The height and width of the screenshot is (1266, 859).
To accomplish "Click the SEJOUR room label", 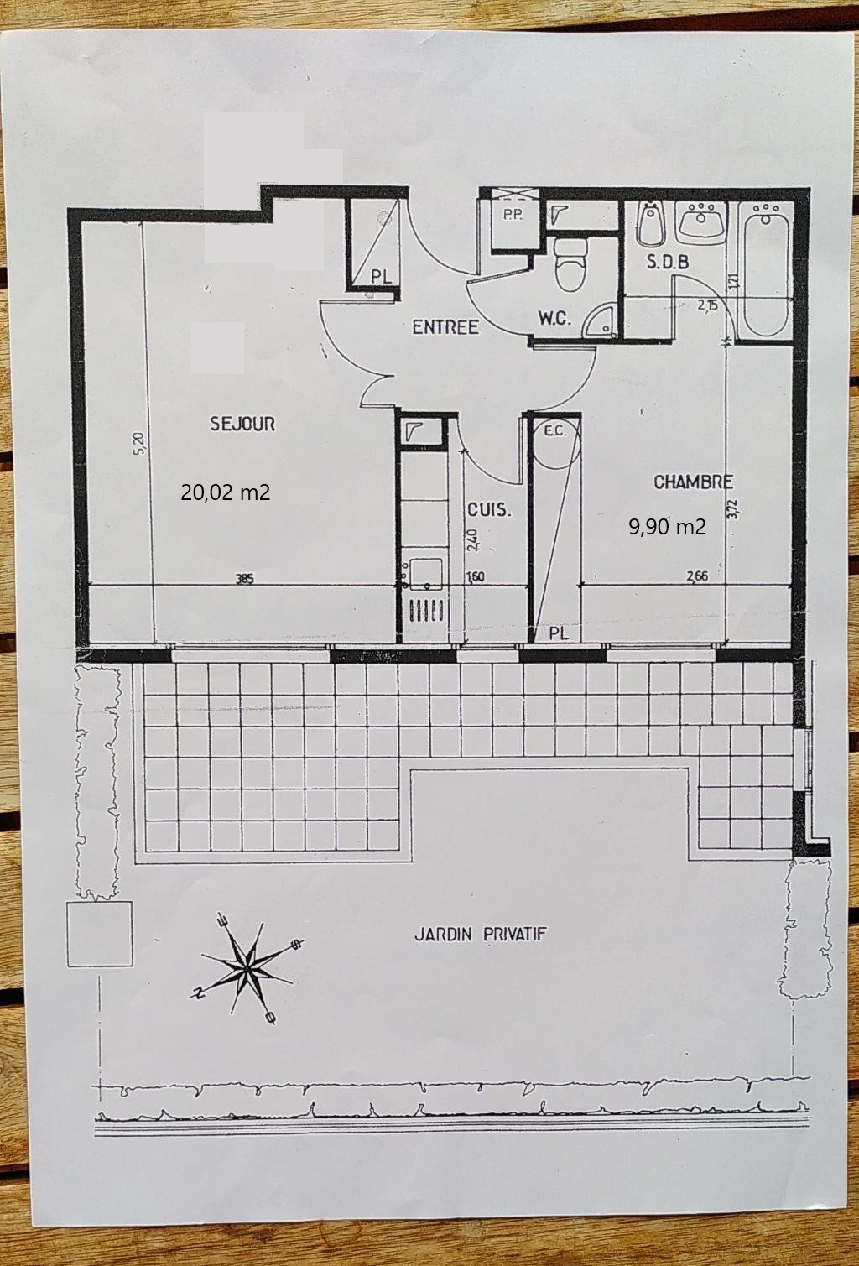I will [242, 424].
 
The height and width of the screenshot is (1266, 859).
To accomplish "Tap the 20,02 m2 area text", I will [226, 492].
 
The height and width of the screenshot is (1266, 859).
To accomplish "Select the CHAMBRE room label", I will [693, 482].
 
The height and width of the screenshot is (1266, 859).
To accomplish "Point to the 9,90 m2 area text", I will [667, 527].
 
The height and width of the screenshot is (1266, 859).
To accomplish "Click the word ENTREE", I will [445, 327].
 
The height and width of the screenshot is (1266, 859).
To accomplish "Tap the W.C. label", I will [554, 319].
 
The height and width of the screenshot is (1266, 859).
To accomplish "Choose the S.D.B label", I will [668, 262].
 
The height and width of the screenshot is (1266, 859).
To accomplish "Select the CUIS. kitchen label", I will [489, 509].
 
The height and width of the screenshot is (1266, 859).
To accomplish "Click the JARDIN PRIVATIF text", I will [481, 934].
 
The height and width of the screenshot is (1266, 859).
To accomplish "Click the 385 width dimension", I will [244, 577].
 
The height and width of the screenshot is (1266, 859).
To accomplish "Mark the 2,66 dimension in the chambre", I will [697, 576].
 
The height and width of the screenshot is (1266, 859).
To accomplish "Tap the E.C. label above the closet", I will [554, 432].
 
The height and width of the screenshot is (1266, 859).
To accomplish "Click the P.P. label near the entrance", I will [513, 215].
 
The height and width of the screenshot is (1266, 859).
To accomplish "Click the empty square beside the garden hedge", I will [100, 934].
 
